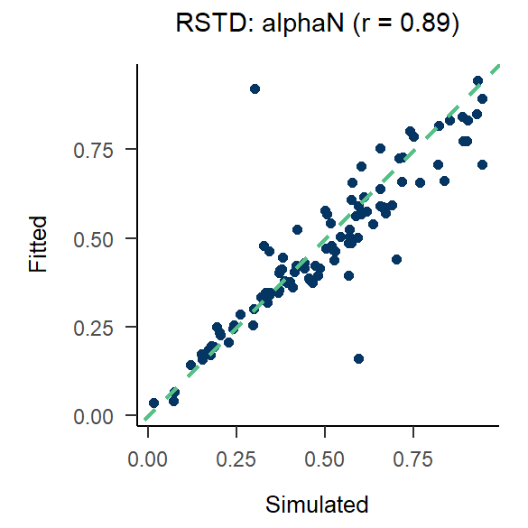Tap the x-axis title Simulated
[317, 504]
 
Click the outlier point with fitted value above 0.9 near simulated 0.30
[255, 88]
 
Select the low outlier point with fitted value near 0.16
[358, 358]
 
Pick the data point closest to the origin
[153, 403]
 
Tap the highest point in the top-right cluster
[478, 81]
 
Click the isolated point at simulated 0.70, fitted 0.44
[395, 259]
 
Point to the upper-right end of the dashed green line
[497, 67]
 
